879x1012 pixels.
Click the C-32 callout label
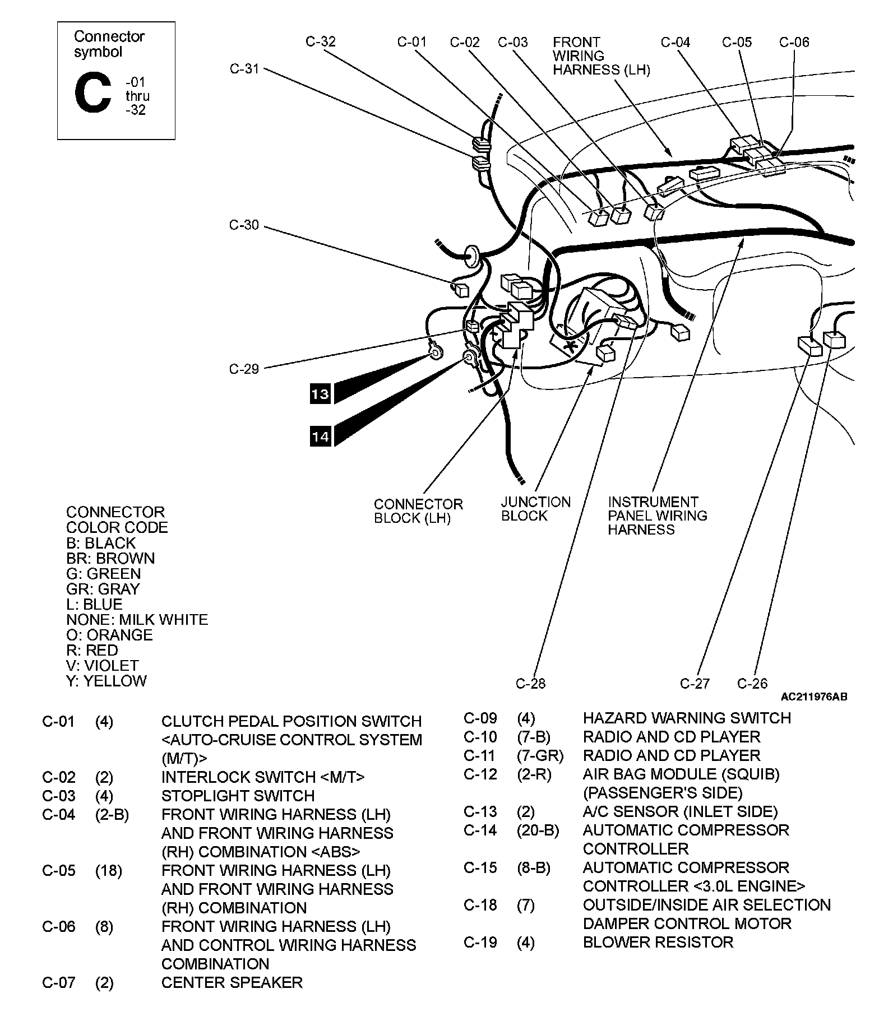[321, 41]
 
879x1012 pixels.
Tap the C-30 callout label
[244, 225]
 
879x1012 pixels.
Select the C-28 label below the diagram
[530, 683]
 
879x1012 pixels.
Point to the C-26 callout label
[752, 683]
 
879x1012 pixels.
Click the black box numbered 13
[321, 394]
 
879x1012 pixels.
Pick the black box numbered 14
[321, 436]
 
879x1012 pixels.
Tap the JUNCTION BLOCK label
[535, 509]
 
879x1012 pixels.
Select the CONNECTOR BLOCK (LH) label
[418, 511]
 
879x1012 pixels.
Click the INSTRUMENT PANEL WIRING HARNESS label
[657, 516]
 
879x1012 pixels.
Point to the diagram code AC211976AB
[814, 697]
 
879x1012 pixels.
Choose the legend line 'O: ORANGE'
[109, 635]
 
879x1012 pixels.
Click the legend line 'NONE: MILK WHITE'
[137, 620]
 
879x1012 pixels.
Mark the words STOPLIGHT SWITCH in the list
[238, 796]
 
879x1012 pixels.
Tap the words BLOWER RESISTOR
[658, 942]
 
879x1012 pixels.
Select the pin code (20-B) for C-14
[538, 830]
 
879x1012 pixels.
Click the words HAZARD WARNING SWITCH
[687, 718]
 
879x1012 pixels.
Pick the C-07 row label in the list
[58, 982]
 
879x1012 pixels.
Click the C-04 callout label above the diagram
[675, 42]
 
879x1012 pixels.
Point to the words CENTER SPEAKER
[232, 982]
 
